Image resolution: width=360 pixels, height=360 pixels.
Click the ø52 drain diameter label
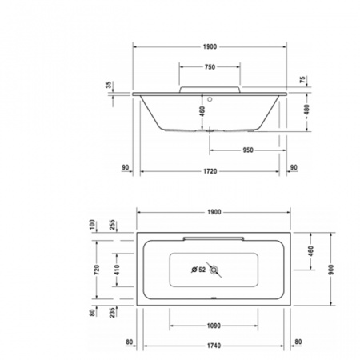tap(197, 270)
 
